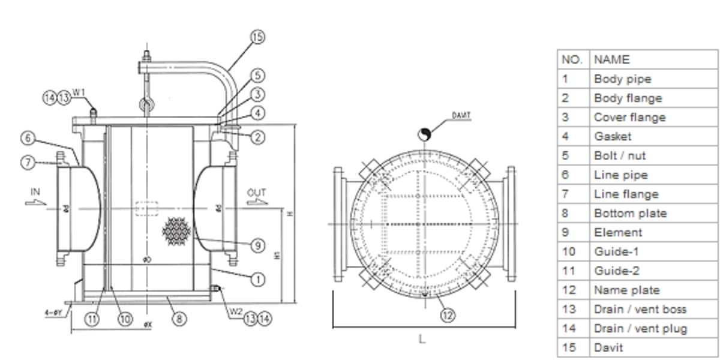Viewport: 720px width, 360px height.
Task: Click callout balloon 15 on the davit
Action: (257, 37)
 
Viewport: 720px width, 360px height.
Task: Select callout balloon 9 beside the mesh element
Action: (257, 245)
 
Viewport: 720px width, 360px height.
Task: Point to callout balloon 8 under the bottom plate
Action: (179, 319)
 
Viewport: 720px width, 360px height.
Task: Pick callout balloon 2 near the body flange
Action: (257, 137)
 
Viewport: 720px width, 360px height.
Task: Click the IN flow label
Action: (35, 192)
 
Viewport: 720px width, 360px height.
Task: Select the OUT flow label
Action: (256, 193)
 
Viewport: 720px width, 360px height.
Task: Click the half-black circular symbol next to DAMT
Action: (424, 134)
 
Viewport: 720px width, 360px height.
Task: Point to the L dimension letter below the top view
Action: (421, 340)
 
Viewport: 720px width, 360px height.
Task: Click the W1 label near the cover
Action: (79, 92)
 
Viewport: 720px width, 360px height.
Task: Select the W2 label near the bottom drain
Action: (235, 312)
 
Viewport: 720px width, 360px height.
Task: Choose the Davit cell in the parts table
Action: (608, 347)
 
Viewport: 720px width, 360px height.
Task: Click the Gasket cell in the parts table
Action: (612, 136)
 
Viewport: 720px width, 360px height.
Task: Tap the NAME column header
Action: (611, 59)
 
